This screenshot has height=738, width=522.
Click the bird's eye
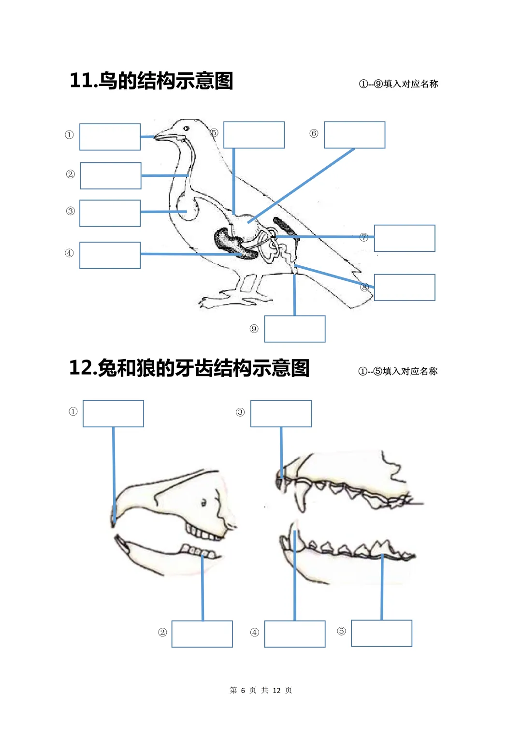187,128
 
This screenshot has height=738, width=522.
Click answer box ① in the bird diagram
110,137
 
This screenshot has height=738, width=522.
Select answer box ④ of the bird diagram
110,255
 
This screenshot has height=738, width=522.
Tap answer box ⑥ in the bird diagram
355,135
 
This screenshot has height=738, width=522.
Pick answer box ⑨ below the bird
295,329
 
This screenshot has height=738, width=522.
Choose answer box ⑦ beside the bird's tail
405,238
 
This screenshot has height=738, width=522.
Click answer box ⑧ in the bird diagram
405,288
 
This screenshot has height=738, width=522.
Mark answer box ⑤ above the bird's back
254,135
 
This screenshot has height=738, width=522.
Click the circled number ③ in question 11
71,211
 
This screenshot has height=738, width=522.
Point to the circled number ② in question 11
71,174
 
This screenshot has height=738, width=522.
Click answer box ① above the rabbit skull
114,414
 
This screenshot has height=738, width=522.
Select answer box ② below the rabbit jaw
202,634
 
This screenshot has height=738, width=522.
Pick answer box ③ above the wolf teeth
281,414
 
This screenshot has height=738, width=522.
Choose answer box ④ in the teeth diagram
295,634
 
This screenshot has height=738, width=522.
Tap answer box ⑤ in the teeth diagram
382,634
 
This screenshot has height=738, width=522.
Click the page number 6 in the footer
243,690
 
